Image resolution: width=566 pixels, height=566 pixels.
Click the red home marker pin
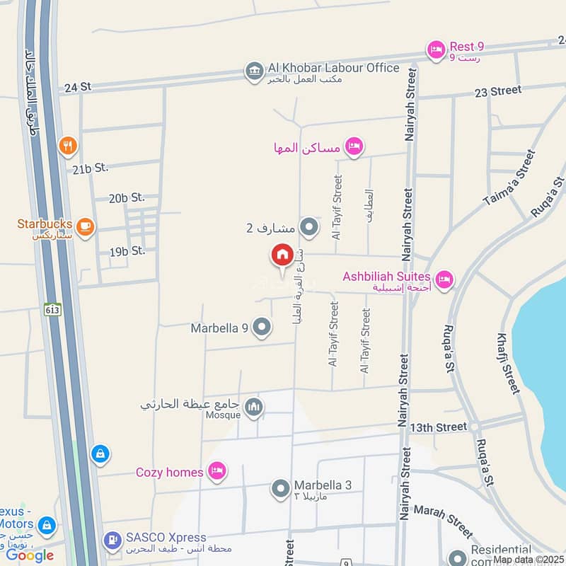coord(282,255)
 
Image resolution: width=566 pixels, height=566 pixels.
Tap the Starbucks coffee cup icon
coord(85,226)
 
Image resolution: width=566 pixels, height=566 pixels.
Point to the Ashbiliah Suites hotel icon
coord(444,279)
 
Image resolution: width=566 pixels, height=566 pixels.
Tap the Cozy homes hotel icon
coord(217,471)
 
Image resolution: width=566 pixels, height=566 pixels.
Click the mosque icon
coord(254,407)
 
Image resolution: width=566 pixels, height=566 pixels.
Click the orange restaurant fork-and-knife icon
coord(68,146)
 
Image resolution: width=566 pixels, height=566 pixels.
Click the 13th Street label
coord(439,427)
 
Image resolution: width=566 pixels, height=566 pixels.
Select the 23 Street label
coord(497,91)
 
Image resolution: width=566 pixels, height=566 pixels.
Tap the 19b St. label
coord(127,250)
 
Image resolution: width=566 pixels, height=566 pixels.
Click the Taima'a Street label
coord(509,178)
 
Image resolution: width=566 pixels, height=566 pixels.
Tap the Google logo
coord(30,555)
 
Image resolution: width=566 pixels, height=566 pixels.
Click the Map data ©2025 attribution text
coord(528,559)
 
